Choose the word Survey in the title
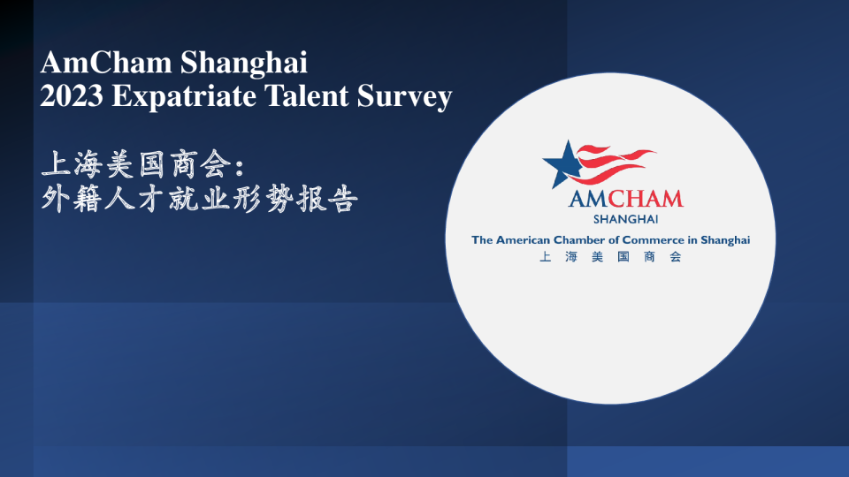click(x=405, y=95)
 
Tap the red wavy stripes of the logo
click(x=619, y=163)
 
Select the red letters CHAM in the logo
click(x=643, y=198)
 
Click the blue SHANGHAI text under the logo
click(x=625, y=219)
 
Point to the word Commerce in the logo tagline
click(x=661, y=239)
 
